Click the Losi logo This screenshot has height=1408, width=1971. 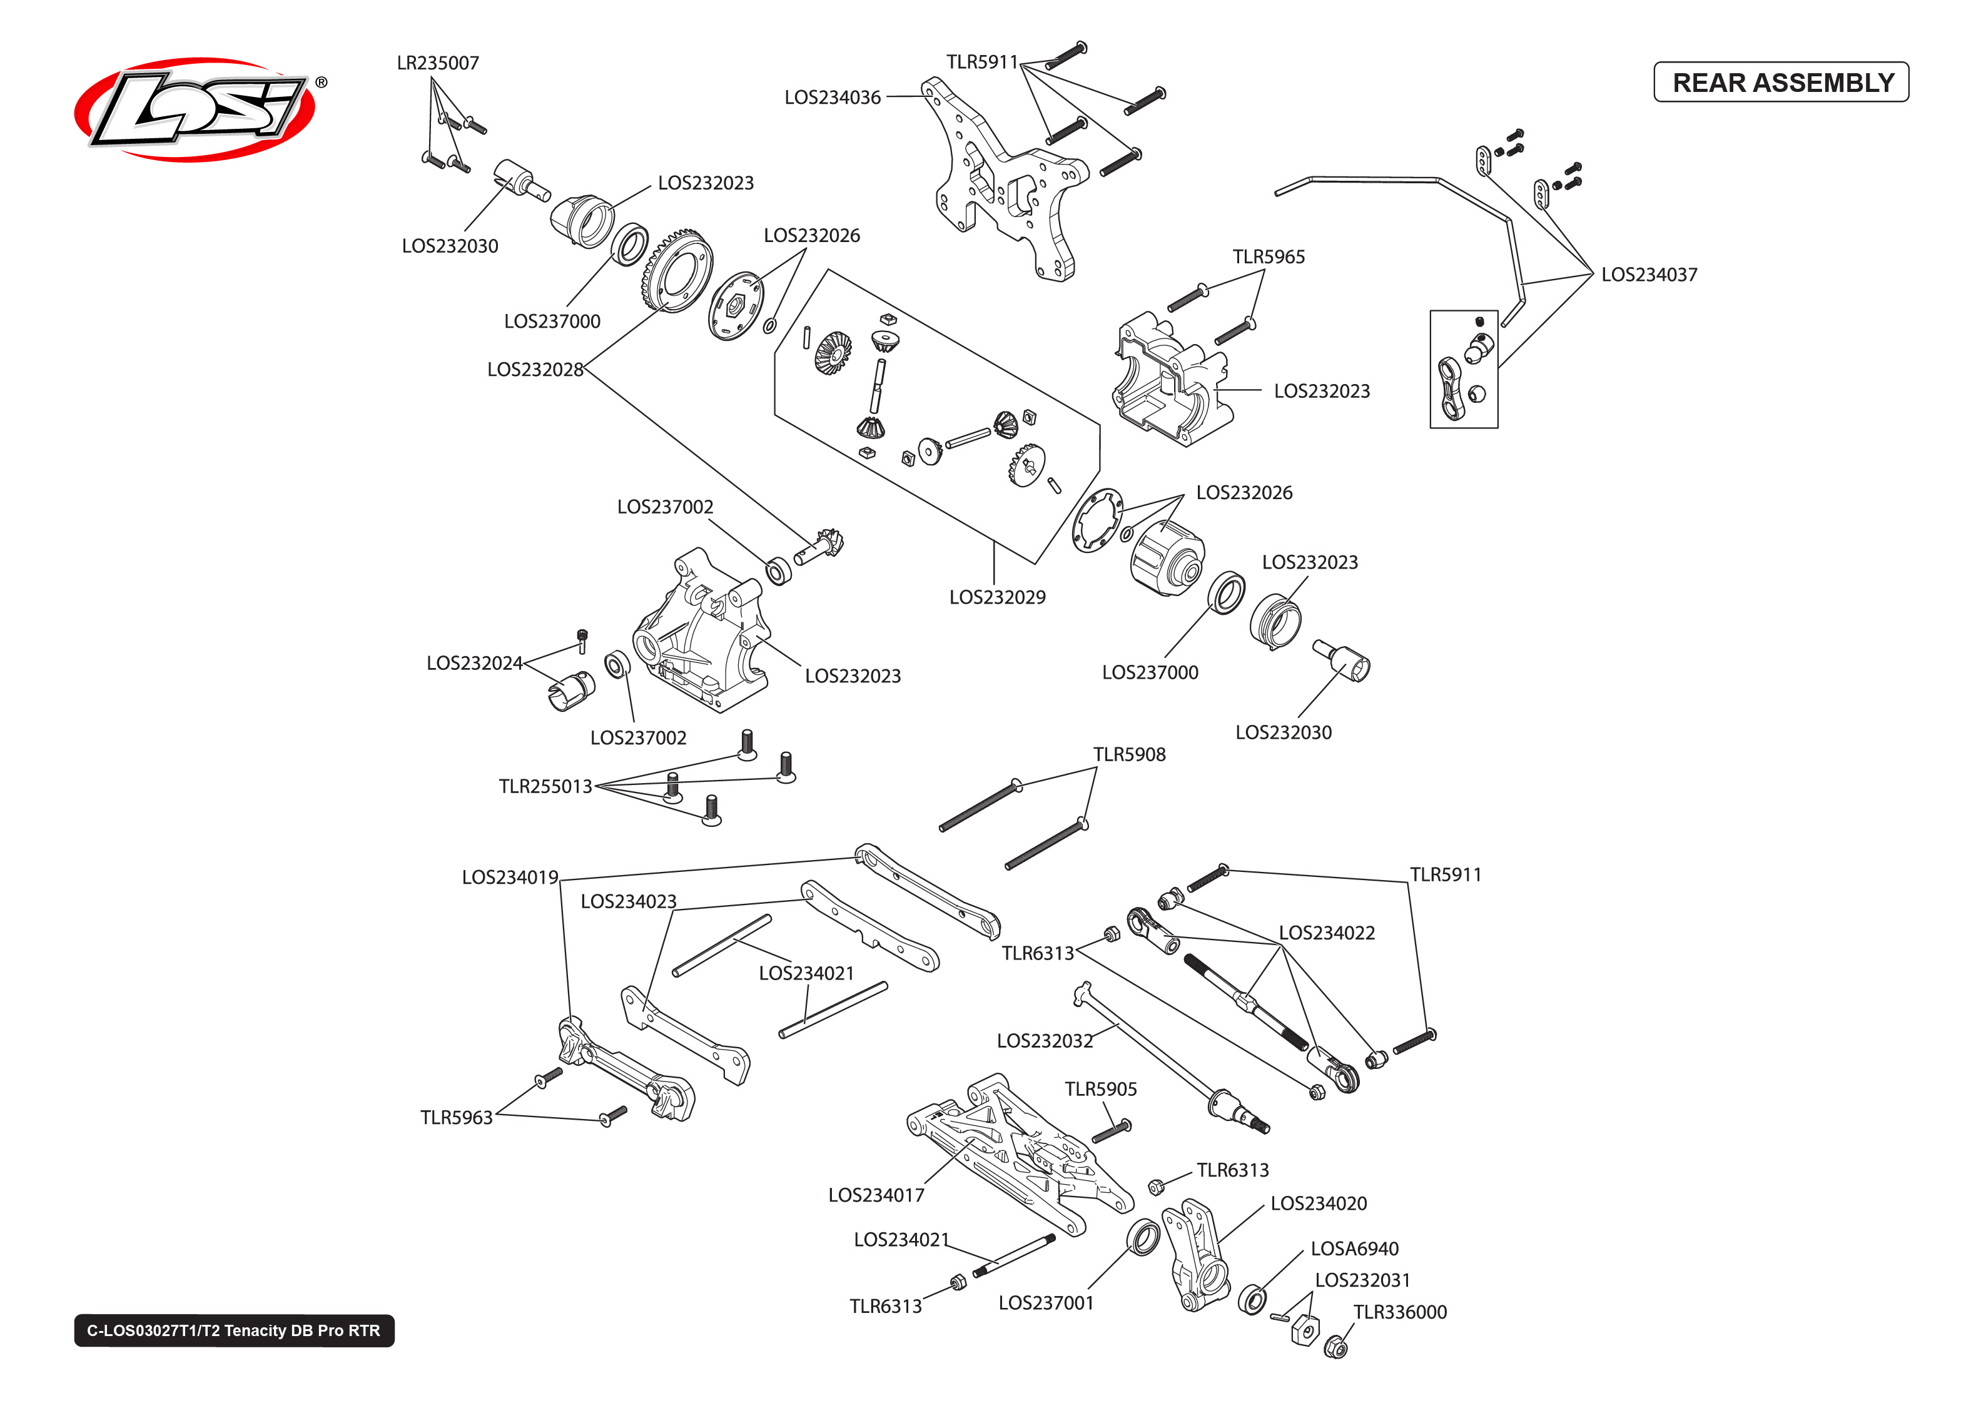[x=196, y=109]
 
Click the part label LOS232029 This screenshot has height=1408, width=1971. [x=997, y=597]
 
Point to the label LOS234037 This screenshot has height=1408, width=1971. [x=1649, y=274]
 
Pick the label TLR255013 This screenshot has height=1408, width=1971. [x=545, y=786]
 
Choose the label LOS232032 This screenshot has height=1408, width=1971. [x=1045, y=1040]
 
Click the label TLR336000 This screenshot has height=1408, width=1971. [x=1400, y=1312]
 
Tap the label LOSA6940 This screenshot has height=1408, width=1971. [x=1354, y=1248]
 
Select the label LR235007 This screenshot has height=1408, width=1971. [x=438, y=63]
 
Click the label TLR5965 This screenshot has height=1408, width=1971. [x=1268, y=256]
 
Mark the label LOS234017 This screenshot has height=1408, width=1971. [x=876, y=1195]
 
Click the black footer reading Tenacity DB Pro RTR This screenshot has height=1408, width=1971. [x=234, y=1330]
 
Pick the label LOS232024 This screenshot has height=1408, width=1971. [x=474, y=662]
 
